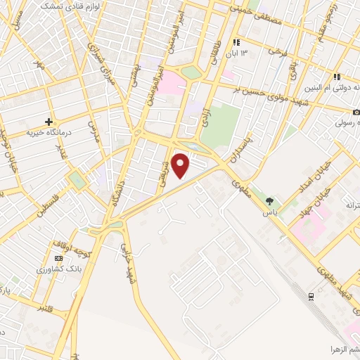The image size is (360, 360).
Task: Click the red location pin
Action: click(x=181, y=165)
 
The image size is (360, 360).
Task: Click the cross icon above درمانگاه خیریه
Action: click(x=49, y=121)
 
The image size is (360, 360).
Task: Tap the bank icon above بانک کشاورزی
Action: click(x=58, y=258)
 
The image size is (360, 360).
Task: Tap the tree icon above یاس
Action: click(x=269, y=202)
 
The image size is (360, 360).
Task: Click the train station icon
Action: click(x=311, y=297)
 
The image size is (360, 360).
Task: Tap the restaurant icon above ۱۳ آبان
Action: click(x=245, y=41)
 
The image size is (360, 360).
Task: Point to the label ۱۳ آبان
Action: click(x=244, y=53)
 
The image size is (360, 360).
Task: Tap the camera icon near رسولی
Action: click(x=356, y=112)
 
